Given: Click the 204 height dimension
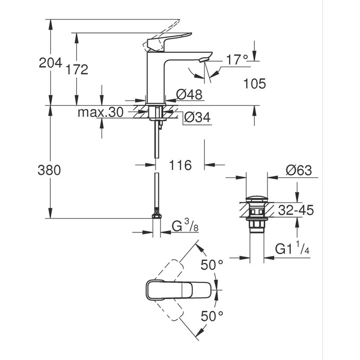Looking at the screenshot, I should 50,63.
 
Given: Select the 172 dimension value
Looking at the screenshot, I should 77,69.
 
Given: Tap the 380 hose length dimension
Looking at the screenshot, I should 49,170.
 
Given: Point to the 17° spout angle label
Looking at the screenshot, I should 237,60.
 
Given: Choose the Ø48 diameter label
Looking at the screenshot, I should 188,95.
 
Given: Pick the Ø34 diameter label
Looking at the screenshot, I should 197,118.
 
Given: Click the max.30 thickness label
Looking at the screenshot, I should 100,112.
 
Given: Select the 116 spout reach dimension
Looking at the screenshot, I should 180,166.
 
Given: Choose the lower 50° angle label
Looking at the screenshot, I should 212,317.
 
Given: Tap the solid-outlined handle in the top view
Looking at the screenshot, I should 169,290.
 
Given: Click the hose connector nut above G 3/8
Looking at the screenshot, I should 156,215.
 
